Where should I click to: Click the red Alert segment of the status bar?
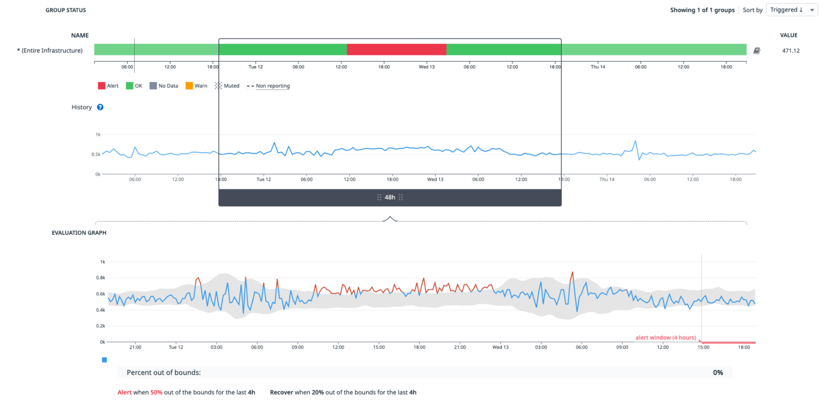[x=396, y=49]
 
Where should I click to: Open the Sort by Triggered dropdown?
[x=791, y=10]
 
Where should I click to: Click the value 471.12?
[x=791, y=51]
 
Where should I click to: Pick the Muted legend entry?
[x=227, y=86]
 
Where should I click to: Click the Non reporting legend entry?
[x=268, y=86]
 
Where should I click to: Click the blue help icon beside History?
[x=100, y=107]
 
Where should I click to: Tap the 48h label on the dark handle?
[x=390, y=197]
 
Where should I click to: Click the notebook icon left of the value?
[x=757, y=51]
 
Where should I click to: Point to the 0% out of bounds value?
[x=718, y=373]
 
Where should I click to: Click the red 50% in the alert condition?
[x=156, y=392]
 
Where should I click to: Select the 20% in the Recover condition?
[x=317, y=392]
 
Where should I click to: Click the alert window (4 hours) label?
[x=665, y=338]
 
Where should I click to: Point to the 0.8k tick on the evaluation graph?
[x=101, y=278]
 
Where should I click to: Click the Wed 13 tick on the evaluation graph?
[x=500, y=347]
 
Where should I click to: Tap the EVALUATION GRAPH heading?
[x=79, y=233]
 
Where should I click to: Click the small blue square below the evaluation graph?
[x=104, y=360]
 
